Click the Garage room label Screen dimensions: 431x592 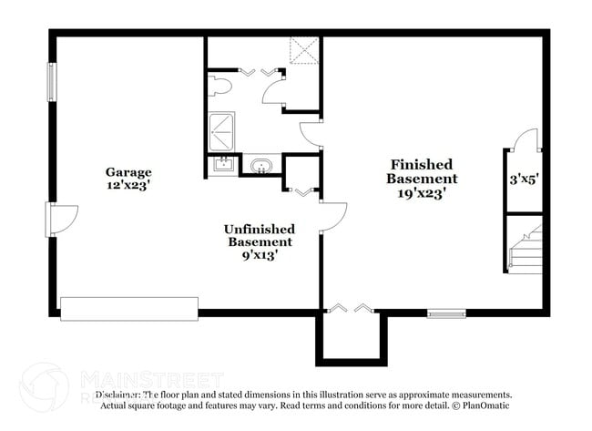pyautogui.click(x=128, y=171)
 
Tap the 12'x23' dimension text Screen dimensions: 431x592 pyautogui.click(x=128, y=184)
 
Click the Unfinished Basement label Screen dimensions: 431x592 pyautogui.click(x=260, y=235)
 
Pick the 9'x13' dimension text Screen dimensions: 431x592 pyautogui.click(x=260, y=255)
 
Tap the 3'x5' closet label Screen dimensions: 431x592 pyautogui.click(x=526, y=180)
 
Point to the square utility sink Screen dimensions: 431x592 pyautogui.click(x=220, y=165)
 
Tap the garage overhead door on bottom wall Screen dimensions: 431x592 pyautogui.click(x=129, y=308)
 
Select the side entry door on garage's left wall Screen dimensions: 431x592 pyautogui.click(x=56, y=219)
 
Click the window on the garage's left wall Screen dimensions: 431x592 pyautogui.click(x=52, y=81)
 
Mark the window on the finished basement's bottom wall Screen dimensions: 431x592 pyautogui.click(x=446, y=314)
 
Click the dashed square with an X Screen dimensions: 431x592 pyautogui.click(x=303, y=51)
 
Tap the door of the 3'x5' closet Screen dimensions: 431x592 pyautogui.click(x=521, y=141)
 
